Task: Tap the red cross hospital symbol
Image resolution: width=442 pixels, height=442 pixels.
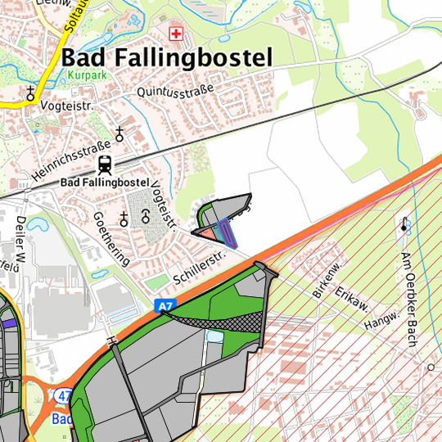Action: (174, 34)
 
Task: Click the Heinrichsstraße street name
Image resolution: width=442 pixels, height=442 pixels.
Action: (72, 160)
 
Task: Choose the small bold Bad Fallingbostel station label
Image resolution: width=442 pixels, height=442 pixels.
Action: (104, 181)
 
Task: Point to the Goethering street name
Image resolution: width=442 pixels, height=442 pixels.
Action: (110, 238)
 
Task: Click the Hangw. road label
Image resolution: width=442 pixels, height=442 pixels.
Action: (383, 317)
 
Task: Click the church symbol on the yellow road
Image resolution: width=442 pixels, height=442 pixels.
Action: (31, 93)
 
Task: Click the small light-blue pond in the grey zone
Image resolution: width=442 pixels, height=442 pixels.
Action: (214, 336)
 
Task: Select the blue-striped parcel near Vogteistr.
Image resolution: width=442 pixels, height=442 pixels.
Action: (230, 235)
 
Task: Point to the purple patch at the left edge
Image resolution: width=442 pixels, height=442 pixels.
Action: (7, 323)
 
